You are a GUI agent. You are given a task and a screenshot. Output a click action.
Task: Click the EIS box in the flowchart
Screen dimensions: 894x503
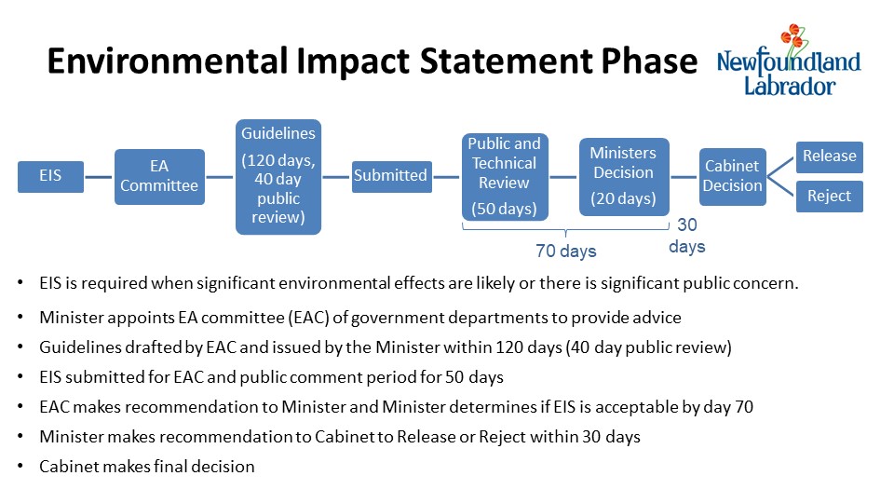tap(50, 177)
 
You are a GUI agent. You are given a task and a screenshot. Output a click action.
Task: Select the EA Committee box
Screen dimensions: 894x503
tap(159, 177)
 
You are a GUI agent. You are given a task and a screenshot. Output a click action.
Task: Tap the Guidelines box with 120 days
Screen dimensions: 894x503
tap(278, 177)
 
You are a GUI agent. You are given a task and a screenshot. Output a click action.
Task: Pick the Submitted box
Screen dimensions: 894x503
tap(392, 177)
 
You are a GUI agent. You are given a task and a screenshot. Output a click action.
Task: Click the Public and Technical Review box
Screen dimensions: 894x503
tap(505, 177)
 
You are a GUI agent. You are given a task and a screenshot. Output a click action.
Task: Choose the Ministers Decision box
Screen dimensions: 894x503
tap(624, 177)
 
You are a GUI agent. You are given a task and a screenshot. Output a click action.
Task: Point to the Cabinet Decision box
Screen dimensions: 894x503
tap(733, 177)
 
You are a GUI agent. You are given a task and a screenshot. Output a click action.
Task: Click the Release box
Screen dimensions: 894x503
tap(830, 156)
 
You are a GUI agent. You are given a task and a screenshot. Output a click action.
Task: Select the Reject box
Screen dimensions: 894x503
tap(830, 197)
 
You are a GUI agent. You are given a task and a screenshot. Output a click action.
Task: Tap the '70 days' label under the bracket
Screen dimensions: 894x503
tap(565, 251)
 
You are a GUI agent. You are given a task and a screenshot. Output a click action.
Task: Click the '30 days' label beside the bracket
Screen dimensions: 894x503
tap(687, 236)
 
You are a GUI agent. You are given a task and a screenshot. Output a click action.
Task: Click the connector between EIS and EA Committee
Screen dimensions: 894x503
tap(100, 177)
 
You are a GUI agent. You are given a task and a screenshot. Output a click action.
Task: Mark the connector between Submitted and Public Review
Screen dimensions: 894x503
tap(446, 177)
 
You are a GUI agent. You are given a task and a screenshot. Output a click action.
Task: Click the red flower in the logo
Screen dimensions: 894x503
tap(793, 35)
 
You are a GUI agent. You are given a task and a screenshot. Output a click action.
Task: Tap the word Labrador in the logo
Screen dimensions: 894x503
tap(790, 86)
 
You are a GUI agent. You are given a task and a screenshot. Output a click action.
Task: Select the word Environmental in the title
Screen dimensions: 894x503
tap(168, 61)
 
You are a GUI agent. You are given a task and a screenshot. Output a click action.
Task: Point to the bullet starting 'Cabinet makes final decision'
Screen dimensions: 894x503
tap(147, 467)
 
